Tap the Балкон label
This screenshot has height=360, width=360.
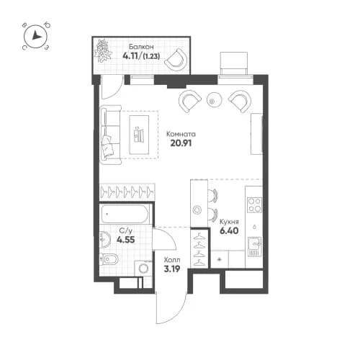click(132, 45)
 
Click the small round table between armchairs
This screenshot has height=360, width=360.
click(212, 100)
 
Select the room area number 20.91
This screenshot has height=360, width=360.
click(180, 143)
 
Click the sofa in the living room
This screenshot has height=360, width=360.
click(109, 135)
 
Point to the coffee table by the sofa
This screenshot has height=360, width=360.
click(140, 134)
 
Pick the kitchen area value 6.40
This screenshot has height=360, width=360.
click(230, 232)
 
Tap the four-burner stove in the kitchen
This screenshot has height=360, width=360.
click(253, 204)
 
